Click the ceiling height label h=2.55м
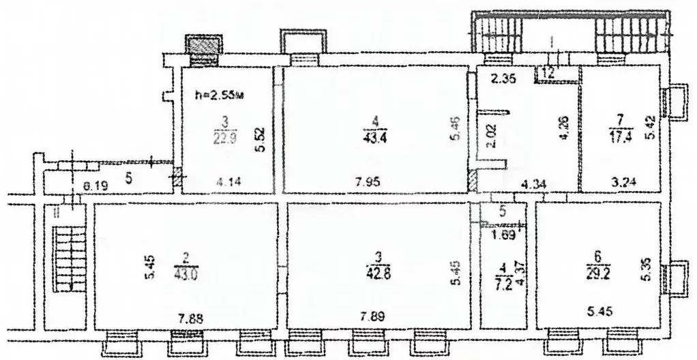[x=219, y=95]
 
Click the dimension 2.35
[x=507, y=78]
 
